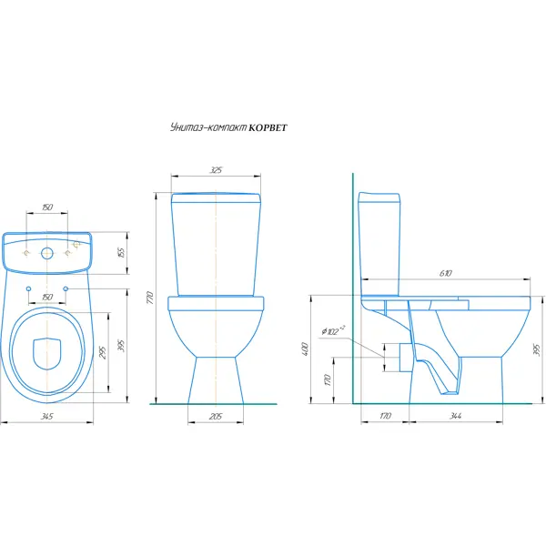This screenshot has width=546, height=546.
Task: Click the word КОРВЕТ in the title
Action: click(268, 127)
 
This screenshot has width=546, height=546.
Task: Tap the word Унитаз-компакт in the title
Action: click(208, 127)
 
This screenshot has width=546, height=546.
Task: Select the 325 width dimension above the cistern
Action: click(216, 170)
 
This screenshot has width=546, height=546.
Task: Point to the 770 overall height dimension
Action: click(150, 298)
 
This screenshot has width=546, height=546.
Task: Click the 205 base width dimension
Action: click(216, 416)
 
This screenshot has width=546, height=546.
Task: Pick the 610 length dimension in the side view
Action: click(446, 273)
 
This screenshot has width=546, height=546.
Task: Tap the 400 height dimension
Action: click(305, 349)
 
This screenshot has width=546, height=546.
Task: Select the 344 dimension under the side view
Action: click(456, 416)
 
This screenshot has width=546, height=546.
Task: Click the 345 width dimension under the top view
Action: click(46, 416)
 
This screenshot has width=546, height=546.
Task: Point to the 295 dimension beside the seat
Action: click(103, 352)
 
